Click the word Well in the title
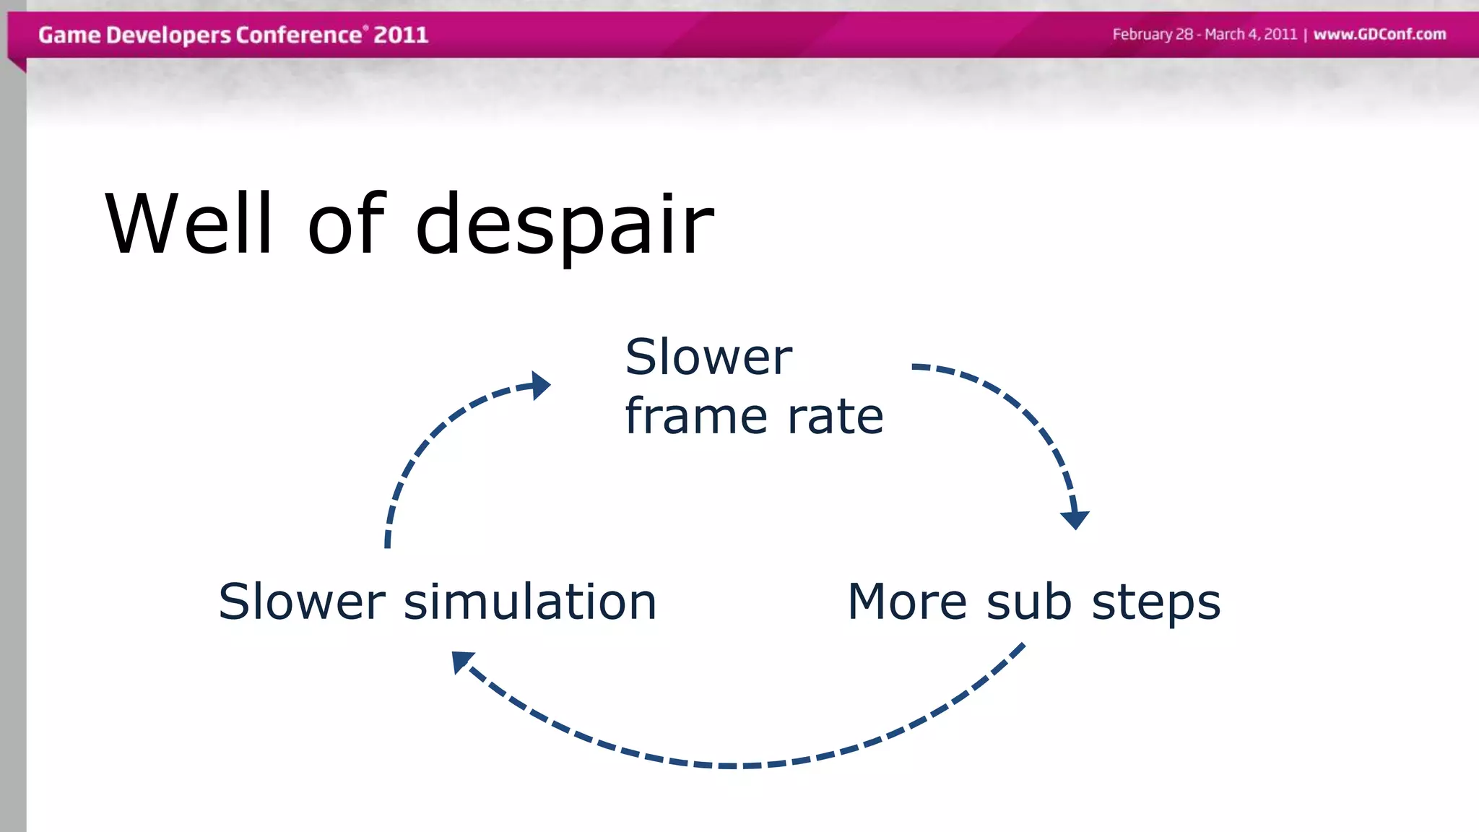point(189,224)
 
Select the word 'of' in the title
point(347,224)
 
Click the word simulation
point(529,602)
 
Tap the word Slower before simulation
point(302,602)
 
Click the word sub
point(1028,602)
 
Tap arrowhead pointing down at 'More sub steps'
point(1075,519)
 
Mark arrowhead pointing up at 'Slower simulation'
point(461,660)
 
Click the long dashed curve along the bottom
point(729,765)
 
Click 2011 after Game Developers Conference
point(401,35)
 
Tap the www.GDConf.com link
point(1379,35)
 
